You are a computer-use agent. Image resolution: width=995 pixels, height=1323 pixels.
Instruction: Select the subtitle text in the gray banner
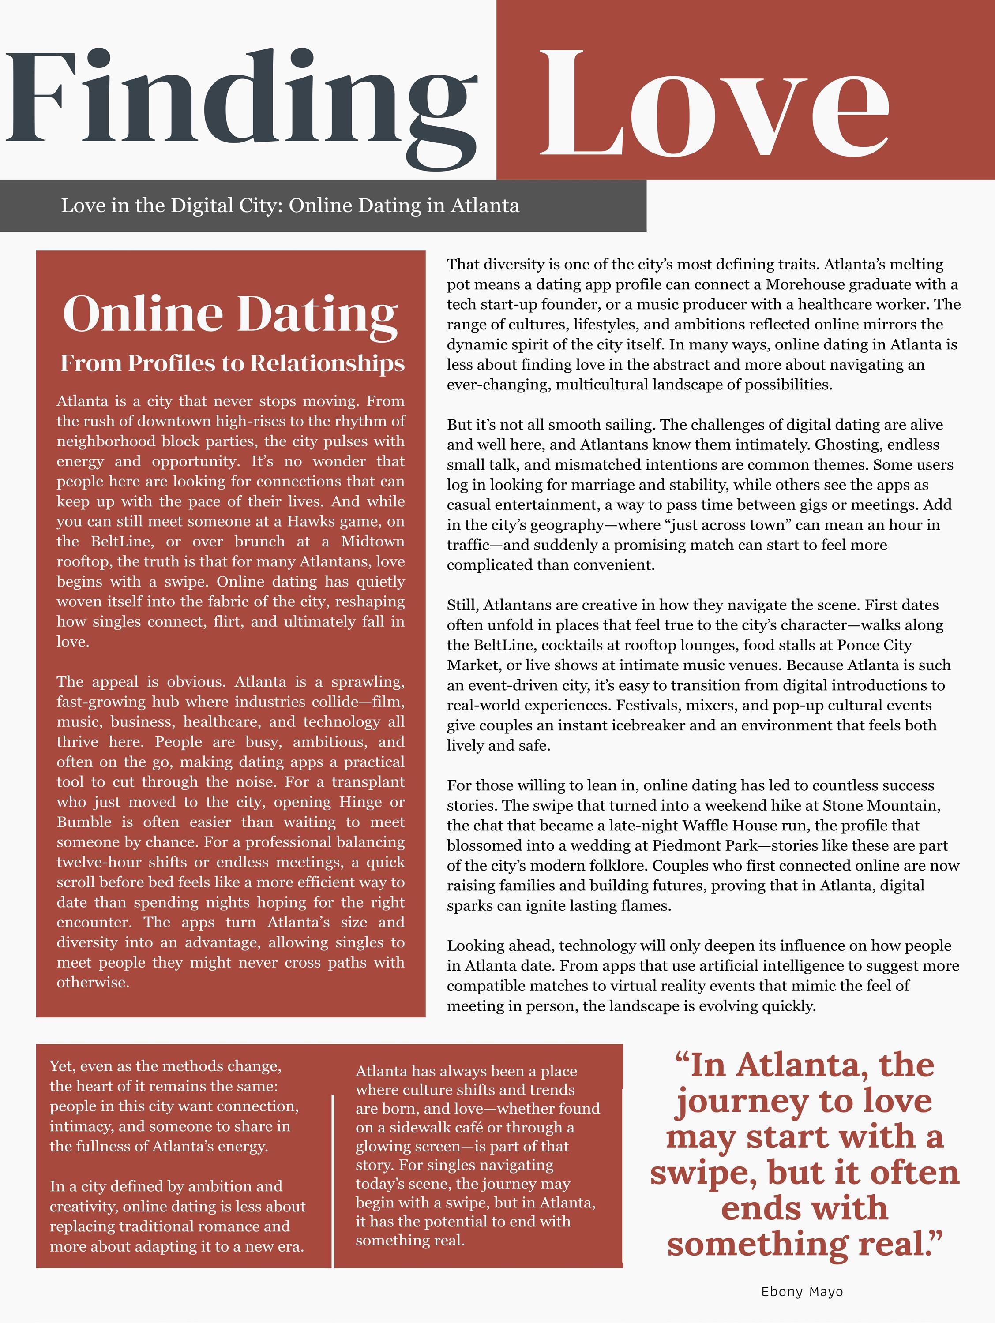point(290,206)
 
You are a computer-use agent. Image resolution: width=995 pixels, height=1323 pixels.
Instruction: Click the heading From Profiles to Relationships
point(232,363)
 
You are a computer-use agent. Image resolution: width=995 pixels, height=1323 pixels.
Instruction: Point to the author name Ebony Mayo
point(802,1291)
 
